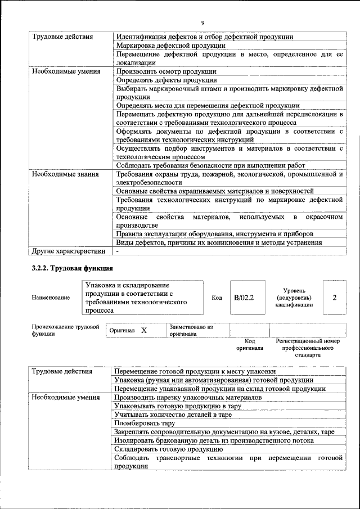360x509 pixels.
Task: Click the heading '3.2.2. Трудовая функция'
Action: [73, 268]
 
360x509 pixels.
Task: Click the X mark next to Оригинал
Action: [144, 330]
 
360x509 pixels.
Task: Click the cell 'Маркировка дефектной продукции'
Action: [171, 45]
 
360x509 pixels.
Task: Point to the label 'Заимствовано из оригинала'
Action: [191, 330]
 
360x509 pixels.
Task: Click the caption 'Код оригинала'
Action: [250, 344]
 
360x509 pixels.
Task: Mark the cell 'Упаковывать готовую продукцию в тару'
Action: [178, 406]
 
